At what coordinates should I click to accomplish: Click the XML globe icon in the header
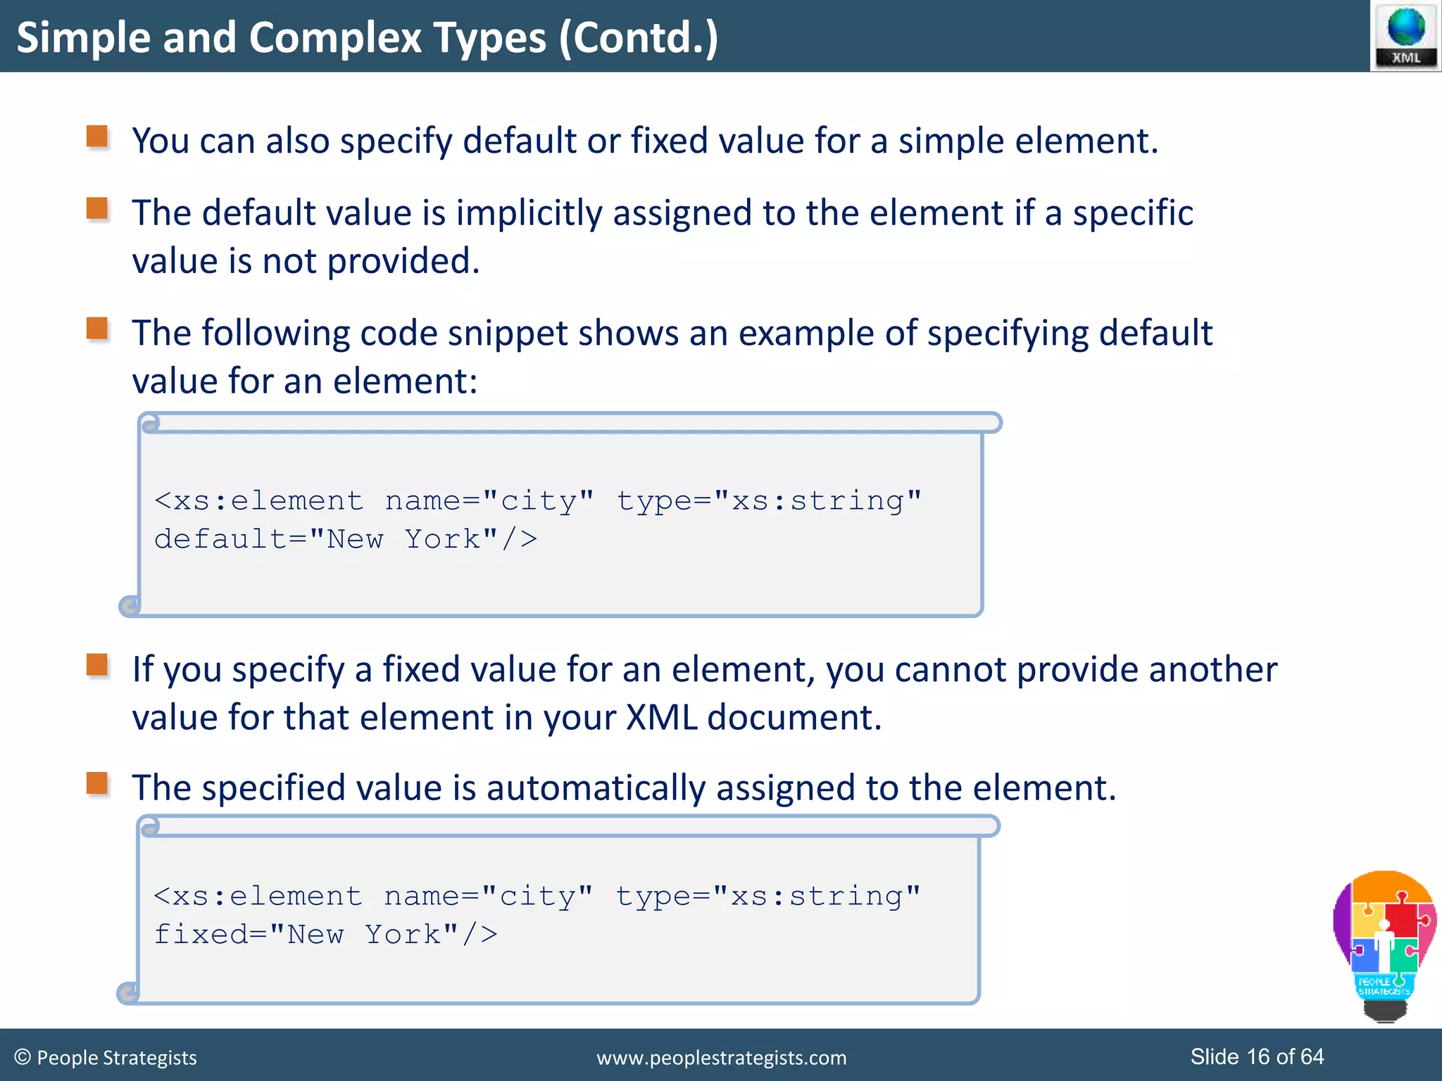tap(1405, 35)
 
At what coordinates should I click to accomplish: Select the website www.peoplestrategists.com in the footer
tap(721, 1058)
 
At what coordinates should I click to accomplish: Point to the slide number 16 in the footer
tap(1259, 1056)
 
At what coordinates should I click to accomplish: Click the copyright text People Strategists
tap(106, 1058)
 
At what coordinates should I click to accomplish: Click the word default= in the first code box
tap(230, 540)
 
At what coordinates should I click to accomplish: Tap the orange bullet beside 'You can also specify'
tap(97, 137)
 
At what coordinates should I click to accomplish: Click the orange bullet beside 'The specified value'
tap(97, 783)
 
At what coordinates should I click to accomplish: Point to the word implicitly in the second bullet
tap(528, 213)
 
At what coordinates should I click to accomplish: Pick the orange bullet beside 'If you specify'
tap(97, 665)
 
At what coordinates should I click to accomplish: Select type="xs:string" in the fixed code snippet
tap(768, 897)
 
